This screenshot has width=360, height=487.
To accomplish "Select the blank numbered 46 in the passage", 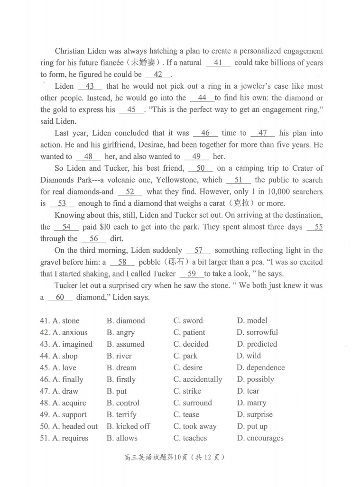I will pyautogui.click(x=205, y=133).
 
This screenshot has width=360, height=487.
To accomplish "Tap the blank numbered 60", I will pyautogui.click(x=60, y=297).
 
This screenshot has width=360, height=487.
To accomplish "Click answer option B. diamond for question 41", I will pyautogui.click(x=126, y=321).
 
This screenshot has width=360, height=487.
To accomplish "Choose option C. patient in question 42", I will pyautogui.click(x=189, y=332).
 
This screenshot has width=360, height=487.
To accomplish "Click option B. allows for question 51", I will pyautogui.click(x=122, y=438).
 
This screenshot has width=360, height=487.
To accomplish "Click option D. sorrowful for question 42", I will pyautogui.click(x=257, y=332).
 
